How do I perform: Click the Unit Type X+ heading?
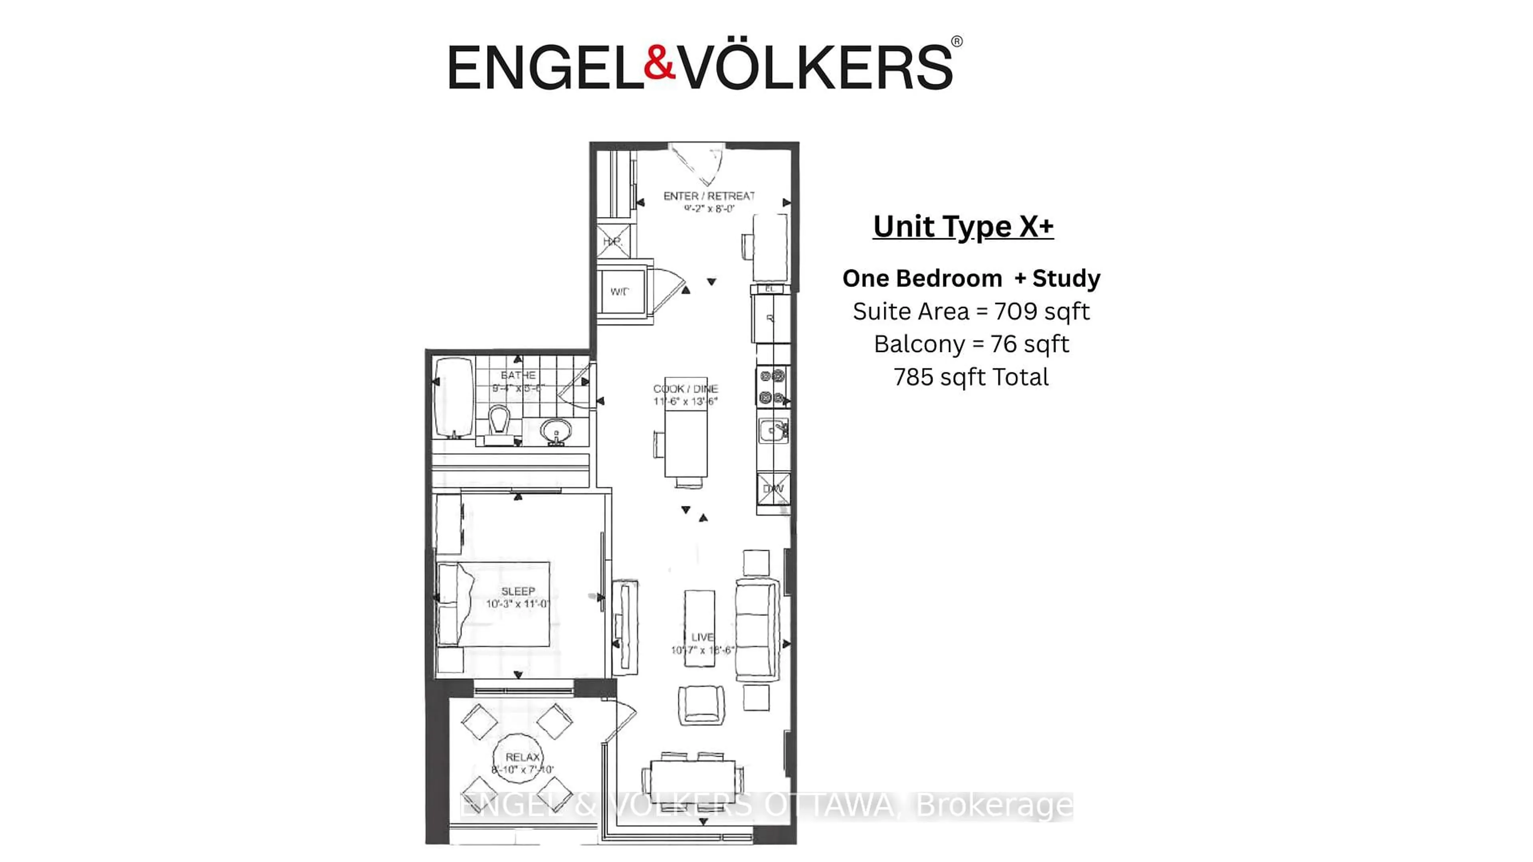click(963, 227)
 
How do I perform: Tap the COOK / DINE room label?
click(685, 388)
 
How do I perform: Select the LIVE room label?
click(702, 637)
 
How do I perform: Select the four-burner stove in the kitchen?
click(772, 387)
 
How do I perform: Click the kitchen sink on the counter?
click(772, 430)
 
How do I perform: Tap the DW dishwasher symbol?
click(773, 489)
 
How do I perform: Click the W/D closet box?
click(621, 291)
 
